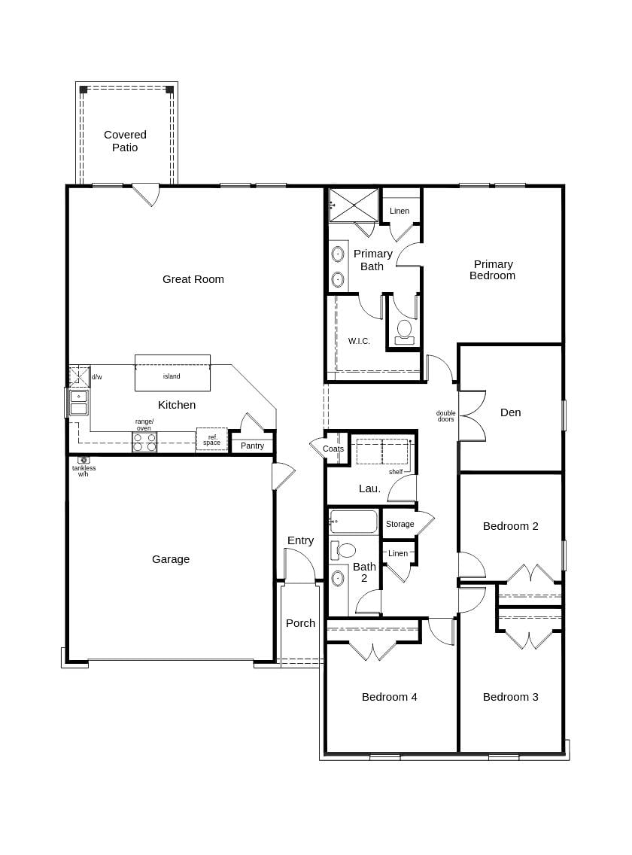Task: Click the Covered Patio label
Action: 125,141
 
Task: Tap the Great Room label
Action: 193,279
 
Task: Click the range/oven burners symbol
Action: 144,442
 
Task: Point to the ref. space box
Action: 211,440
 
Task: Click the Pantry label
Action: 252,446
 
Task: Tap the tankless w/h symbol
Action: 84,460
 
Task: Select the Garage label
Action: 171,559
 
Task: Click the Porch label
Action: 300,623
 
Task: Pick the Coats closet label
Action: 333,449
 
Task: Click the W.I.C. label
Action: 359,341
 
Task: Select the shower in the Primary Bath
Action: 354,204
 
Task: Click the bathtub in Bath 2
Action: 354,522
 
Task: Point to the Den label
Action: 510,412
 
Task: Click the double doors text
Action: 445,415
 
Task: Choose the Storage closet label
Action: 400,524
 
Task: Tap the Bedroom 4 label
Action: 389,697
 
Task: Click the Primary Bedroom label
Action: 493,269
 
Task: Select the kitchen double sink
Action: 78,403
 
